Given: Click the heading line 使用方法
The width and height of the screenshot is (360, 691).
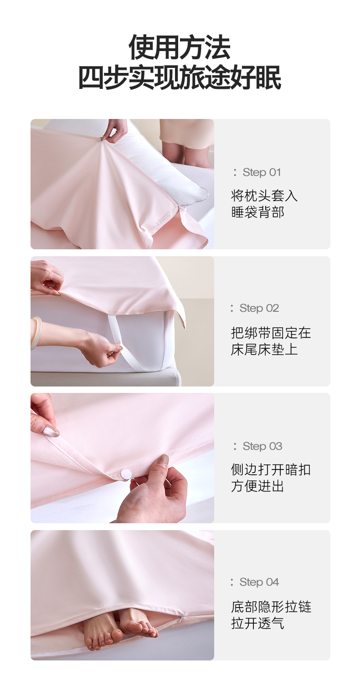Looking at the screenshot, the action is click(x=180, y=47).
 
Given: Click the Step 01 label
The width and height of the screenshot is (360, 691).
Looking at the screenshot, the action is click(x=257, y=172).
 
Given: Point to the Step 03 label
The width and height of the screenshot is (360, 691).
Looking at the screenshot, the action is click(x=257, y=446).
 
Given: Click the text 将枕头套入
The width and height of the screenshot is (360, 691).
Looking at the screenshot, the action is click(x=264, y=196).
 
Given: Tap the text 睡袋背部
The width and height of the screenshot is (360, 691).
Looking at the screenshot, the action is click(x=257, y=212).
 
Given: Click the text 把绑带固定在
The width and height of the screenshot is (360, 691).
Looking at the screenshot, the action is click(x=271, y=333).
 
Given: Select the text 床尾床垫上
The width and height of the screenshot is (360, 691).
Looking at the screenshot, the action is click(x=264, y=350).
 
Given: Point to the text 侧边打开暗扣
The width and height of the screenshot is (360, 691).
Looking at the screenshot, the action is click(x=271, y=470).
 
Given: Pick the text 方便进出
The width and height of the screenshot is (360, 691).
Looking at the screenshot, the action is click(x=257, y=486).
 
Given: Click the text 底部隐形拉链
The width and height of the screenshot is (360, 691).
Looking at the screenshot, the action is click(x=271, y=607).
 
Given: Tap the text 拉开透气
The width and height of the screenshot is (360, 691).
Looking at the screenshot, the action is click(x=257, y=624).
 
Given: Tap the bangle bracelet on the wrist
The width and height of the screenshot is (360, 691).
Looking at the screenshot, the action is click(x=36, y=333).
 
